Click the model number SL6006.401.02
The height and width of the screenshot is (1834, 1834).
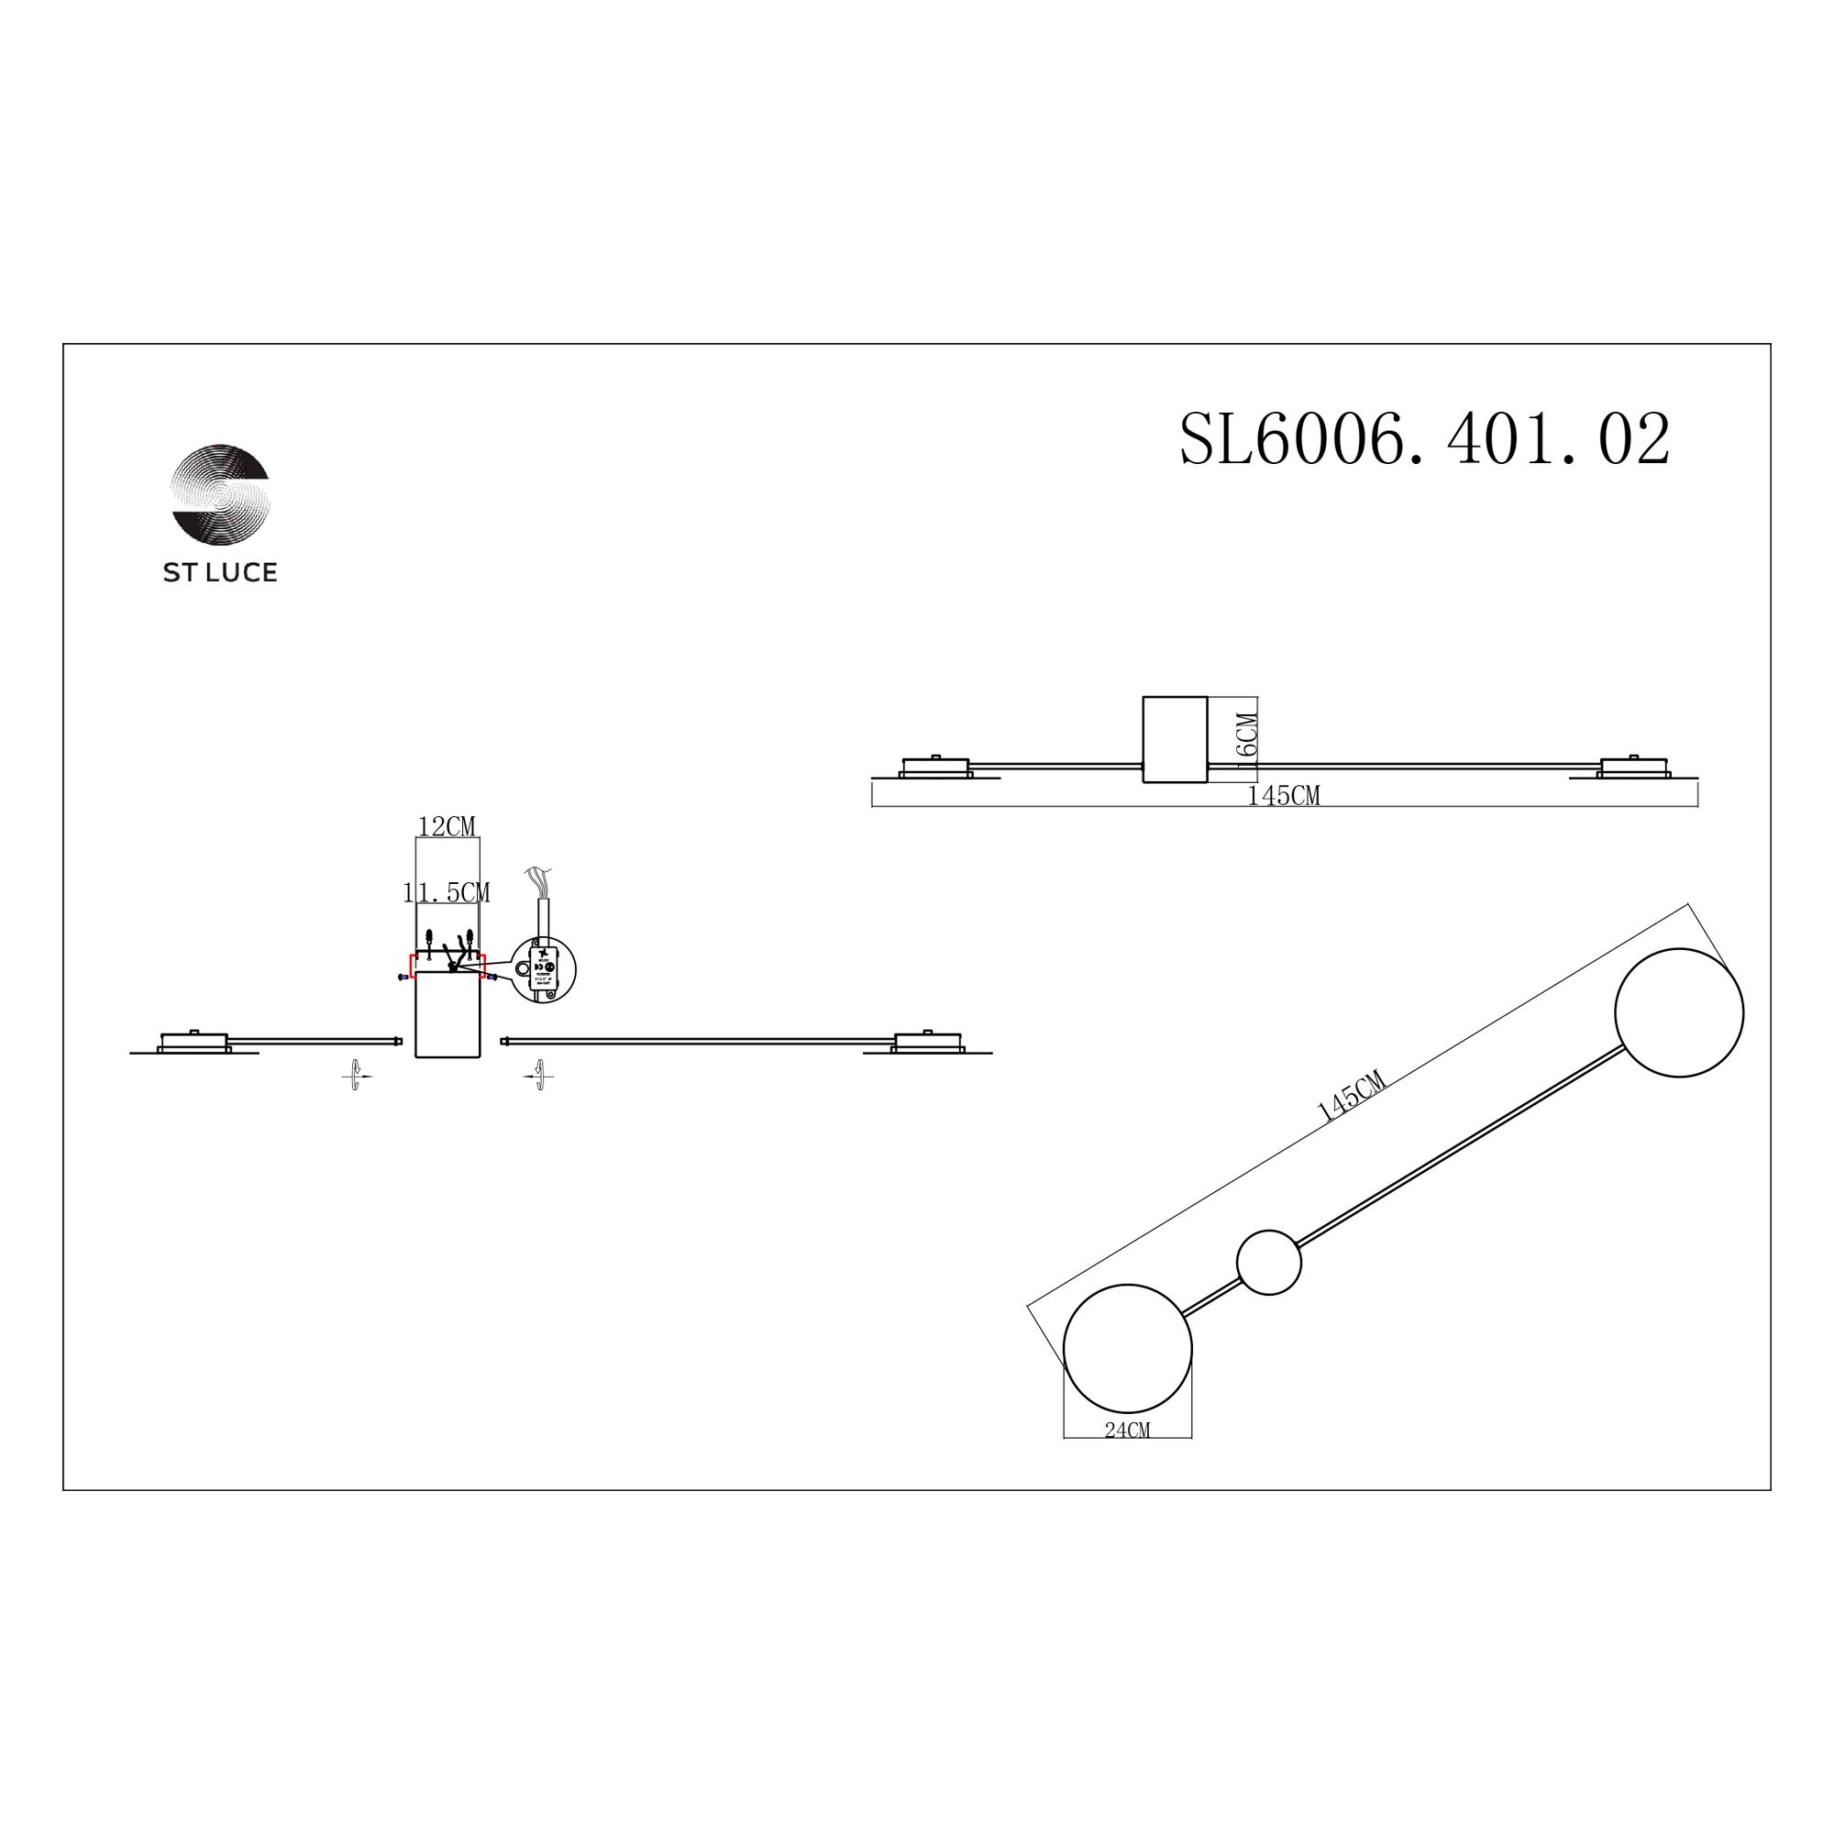pyautogui.click(x=1424, y=439)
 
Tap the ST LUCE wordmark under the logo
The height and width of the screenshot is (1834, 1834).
pyautogui.click(x=220, y=572)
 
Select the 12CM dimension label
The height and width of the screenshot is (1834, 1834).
pyautogui.click(x=447, y=827)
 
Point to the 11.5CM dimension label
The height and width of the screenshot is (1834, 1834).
pyautogui.click(x=447, y=892)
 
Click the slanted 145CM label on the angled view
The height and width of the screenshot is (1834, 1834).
pyautogui.click(x=1352, y=1097)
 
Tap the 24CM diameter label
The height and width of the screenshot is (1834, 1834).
pyautogui.click(x=1127, y=1457)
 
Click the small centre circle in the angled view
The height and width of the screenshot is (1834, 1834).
pyautogui.click(x=1268, y=1263)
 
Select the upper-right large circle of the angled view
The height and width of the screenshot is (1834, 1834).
pyautogui.click(x=1678, y=1013)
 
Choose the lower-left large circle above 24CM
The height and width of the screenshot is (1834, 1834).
pyautogui.click(x=1128, y=1349)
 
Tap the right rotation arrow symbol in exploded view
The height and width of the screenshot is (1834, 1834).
pyautogui.click(x=539, y=1076)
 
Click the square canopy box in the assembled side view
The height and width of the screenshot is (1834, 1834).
pyautogui.click(x=1176, y=739)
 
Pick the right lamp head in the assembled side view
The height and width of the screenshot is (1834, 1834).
pyautogui.click(x=1633, y=766)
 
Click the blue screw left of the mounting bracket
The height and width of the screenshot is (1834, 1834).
pyautogui.click(x=403, y=977)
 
